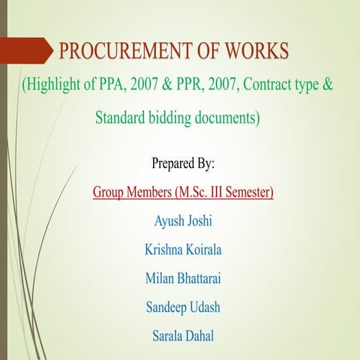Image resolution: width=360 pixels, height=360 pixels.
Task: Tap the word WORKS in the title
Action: point(256,52)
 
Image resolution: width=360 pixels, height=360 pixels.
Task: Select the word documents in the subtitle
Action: point(231,118)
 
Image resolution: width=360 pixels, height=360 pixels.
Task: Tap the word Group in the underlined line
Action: point(110,192)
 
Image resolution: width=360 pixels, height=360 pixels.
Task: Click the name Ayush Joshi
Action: point(183,221)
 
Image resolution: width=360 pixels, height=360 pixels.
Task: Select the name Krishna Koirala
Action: point(183,250)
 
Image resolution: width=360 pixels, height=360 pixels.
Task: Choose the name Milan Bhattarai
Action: point(183,278)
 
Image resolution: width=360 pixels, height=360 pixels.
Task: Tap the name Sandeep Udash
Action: point(183,307)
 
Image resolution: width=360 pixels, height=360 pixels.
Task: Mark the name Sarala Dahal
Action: point(183,335)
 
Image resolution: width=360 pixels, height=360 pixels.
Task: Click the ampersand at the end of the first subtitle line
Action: point(327,84)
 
